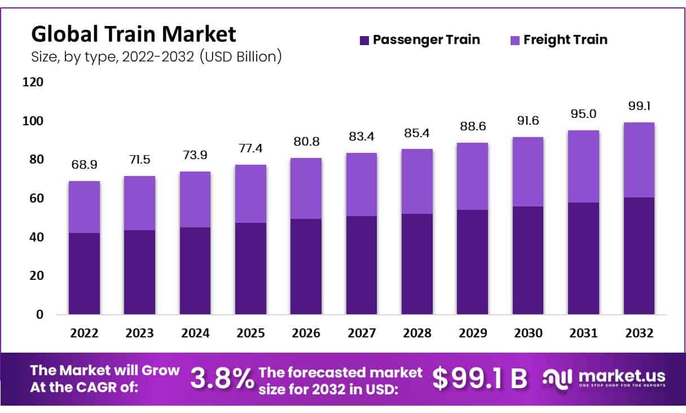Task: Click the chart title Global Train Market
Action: click(x=134, y=34)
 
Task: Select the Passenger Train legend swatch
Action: click(x=364, y=40)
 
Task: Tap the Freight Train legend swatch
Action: click(x=514, y=40)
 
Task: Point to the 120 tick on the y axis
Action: click(x=33, y=82)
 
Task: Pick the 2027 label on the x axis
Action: click(x=361, y=333)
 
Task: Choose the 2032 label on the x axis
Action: click(x=639, y=333)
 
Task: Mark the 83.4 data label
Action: click(x=361, y=137)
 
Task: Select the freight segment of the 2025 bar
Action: click(x=250, y=194)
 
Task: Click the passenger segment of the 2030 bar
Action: click(x=527, y=260)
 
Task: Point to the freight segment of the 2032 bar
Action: click(x=639, y=160)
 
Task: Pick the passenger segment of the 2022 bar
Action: click(x=84, y=274)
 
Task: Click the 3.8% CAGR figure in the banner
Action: click(x=222, y=379)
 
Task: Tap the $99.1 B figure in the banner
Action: click(x=480, y=379)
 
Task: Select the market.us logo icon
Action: click(x=557, y=378)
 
